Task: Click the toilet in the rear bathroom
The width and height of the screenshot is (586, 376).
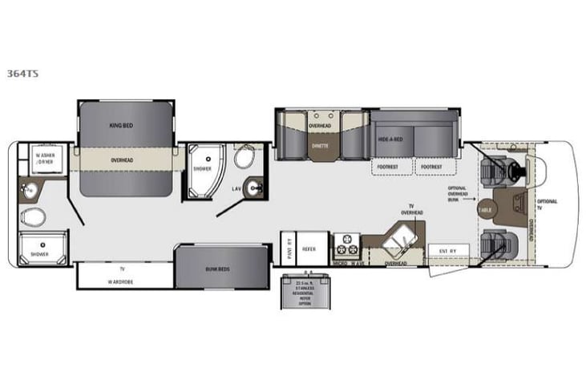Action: click(x=33, y=216)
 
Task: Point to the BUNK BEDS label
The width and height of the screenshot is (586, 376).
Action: click(x=218, y=269)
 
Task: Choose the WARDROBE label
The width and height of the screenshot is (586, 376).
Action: click(x=122, y=281)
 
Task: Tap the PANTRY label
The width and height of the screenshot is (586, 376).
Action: click(x=288, y=249)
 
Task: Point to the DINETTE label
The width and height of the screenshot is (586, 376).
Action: click(x=320, y=147)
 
